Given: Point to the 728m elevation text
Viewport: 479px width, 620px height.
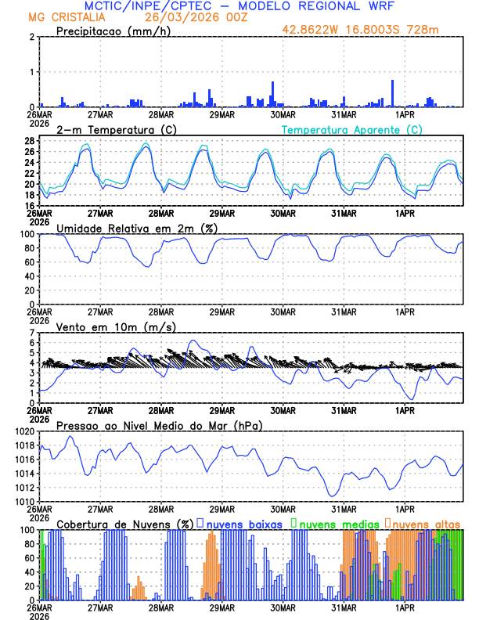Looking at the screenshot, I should click(421, 31).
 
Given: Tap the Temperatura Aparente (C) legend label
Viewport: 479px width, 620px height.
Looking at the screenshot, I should click(352, 129).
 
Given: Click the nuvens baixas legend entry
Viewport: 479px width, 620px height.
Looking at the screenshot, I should click(244, 523).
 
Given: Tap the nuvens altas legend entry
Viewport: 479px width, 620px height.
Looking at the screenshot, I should click(427, 523).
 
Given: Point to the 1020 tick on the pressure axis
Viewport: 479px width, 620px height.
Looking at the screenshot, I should click(24, 431).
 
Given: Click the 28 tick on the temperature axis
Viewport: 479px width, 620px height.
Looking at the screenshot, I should click(29, 141).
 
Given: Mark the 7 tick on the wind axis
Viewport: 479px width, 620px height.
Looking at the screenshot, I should click(32, 333).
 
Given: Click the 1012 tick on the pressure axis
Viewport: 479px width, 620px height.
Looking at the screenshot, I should click(24, 488).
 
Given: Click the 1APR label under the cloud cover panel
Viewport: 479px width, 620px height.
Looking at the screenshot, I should click(405, 607).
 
